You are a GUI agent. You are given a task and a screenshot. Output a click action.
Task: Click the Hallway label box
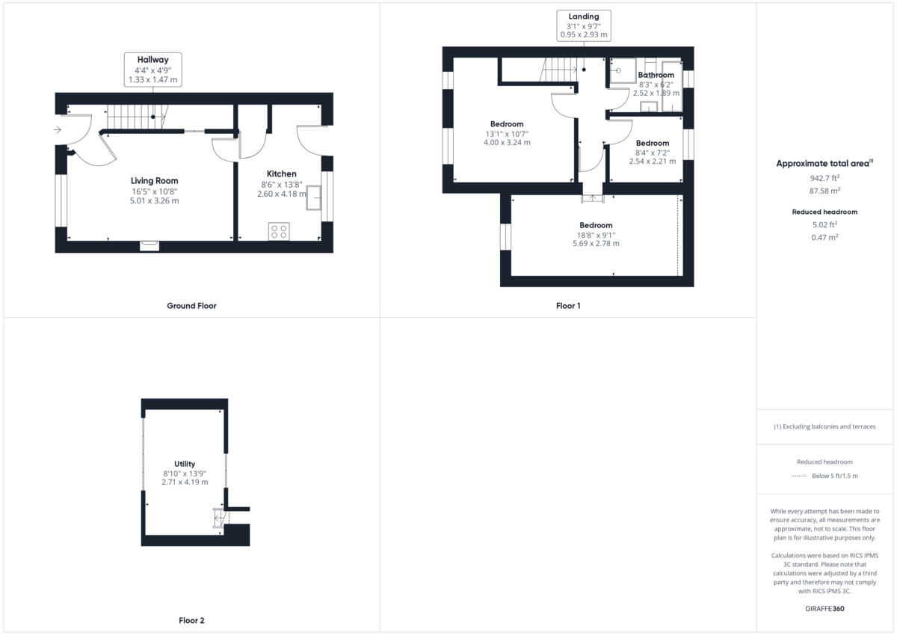tap(152, 70)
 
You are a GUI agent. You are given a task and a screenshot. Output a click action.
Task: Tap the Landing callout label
tap(584, 25)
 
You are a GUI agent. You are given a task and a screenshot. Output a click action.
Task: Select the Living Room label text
tap(155, 180)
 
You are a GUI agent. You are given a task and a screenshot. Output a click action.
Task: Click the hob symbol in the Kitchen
tap(279, 231)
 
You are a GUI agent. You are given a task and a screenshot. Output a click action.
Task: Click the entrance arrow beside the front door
tap(58, 130)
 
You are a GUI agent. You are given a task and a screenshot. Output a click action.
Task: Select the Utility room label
tap(185, 464)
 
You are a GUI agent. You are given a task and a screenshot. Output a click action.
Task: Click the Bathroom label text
tap(656, 75)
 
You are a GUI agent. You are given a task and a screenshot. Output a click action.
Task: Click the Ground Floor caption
tap(191, 305)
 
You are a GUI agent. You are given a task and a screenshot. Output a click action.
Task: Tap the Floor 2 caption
tap(191, 620)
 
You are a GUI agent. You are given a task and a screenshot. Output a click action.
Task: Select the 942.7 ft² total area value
tap(825, 178)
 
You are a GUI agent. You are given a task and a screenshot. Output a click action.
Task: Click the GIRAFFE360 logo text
tap(825, 609)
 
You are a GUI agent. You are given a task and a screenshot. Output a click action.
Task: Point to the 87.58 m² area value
tap(825, 191)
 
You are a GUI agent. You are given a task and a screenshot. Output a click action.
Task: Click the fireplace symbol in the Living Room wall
tap(149, 244)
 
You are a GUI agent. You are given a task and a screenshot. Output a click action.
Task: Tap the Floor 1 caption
tap(568, 305)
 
